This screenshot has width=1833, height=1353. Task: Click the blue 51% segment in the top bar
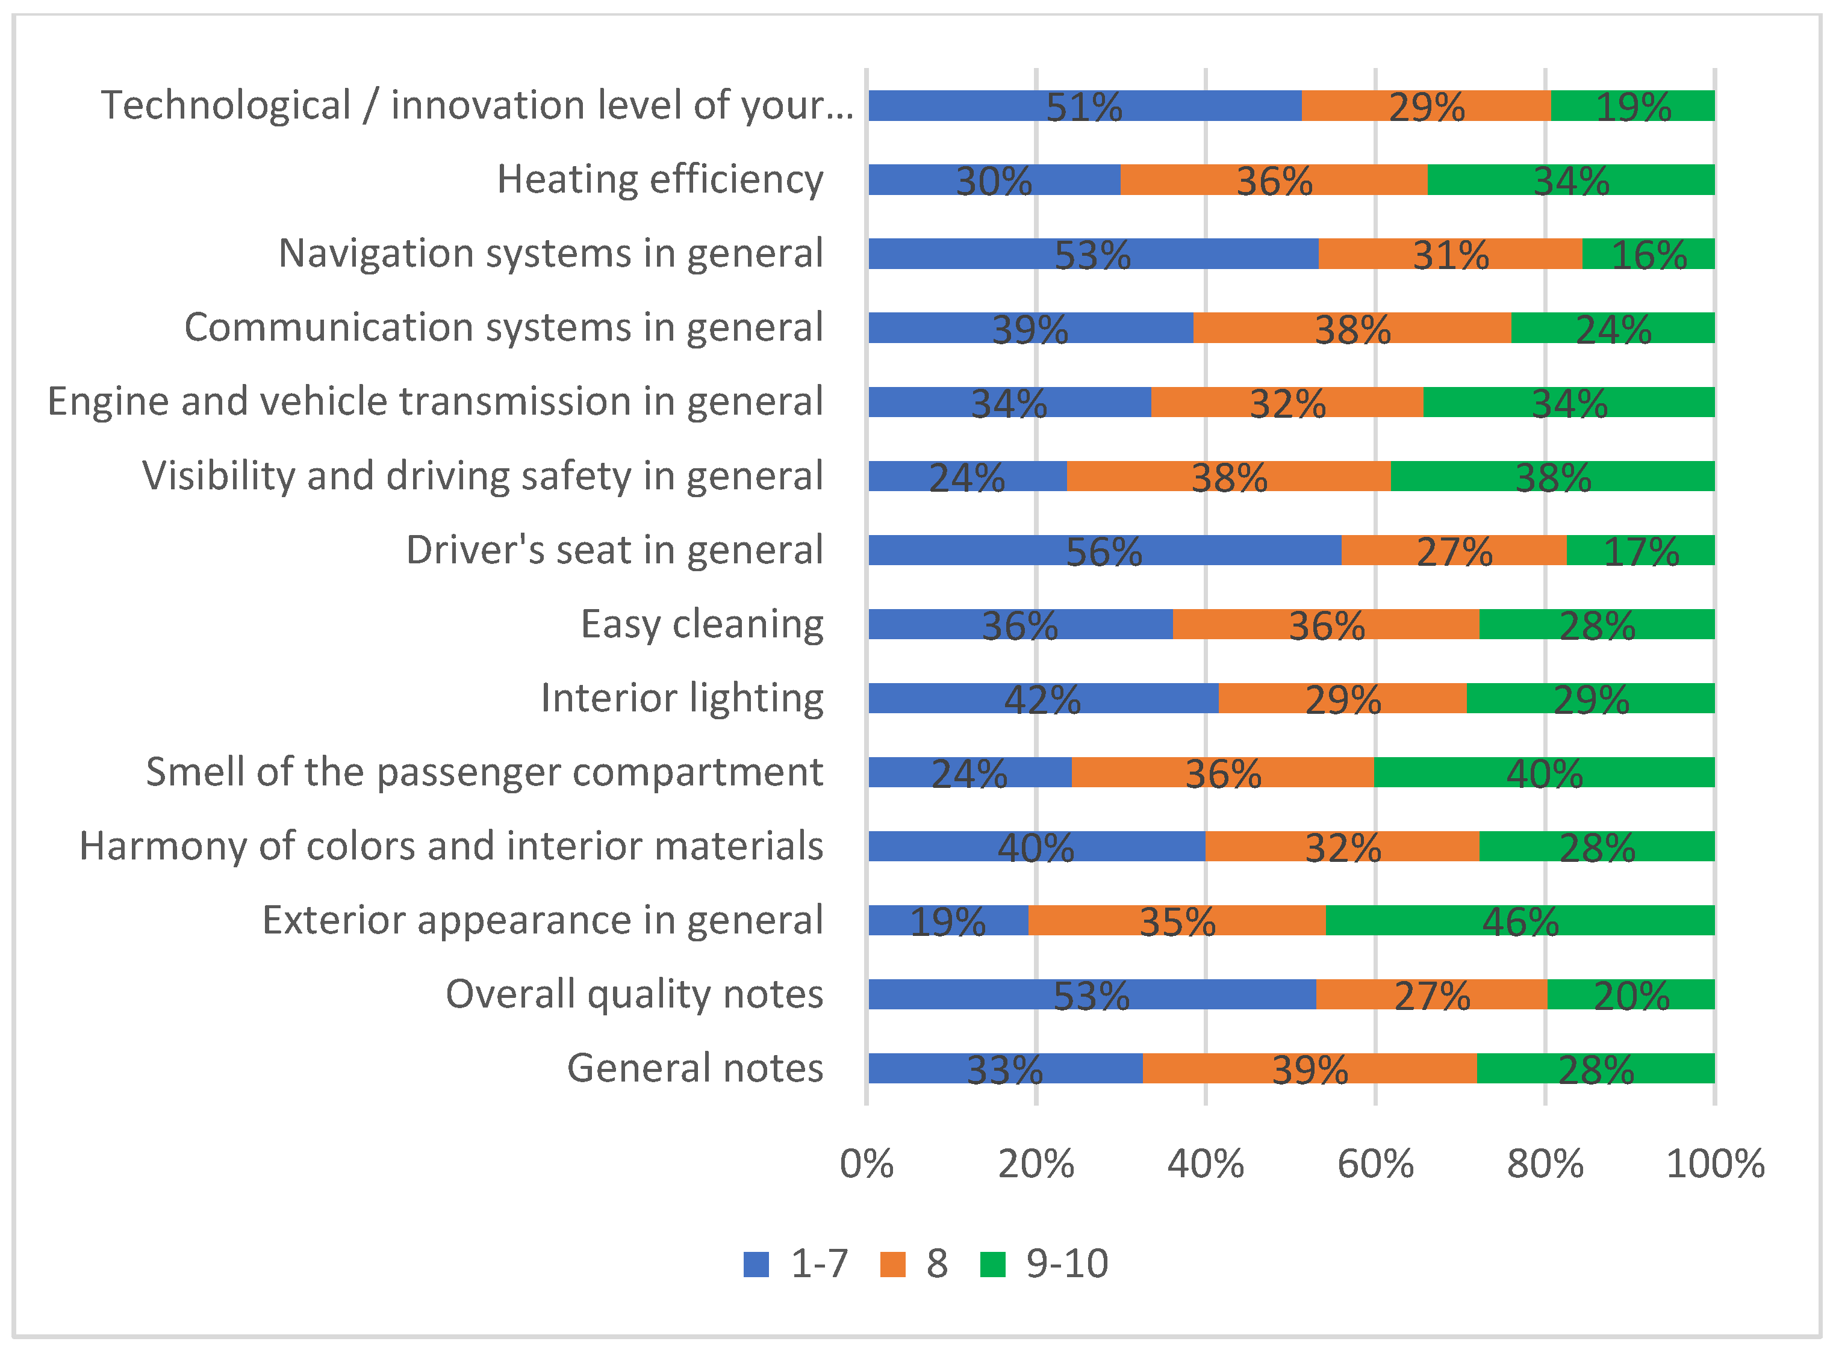(1084, 106)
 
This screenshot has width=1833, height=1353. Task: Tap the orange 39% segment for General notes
(1309, 1068)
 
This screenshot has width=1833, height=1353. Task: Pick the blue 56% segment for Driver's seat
(1104, 550)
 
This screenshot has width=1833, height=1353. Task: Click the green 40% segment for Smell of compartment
(1544, 772)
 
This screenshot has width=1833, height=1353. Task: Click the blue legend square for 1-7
(756, 1264)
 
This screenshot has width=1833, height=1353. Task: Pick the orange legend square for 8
(892, 1264)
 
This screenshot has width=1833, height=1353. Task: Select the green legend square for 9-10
(992, 1264)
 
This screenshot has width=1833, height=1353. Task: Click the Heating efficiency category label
(659, 179)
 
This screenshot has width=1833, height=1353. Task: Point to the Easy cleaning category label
(702, 624)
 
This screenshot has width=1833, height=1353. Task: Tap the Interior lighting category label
(682, 698)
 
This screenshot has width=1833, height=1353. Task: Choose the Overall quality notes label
(633, 994)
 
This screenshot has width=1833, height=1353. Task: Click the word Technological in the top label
(225, 106)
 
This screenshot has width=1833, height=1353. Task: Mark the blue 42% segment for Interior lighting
(1042, 698)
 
